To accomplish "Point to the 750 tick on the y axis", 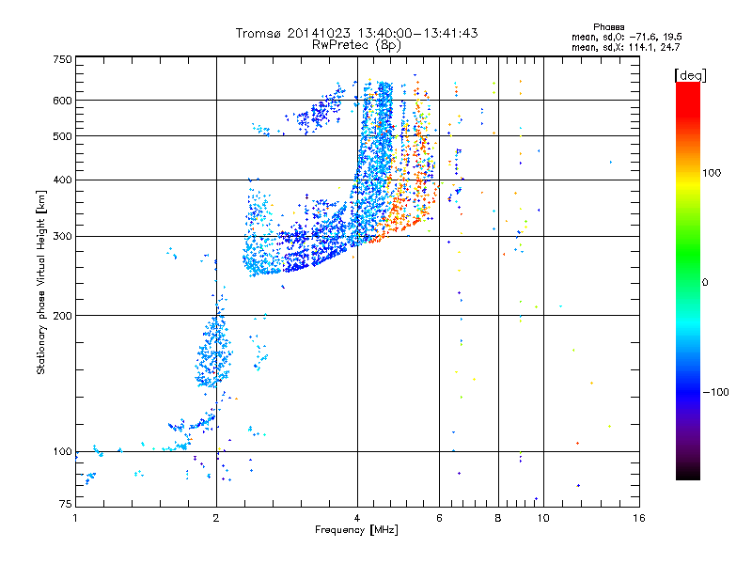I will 62,60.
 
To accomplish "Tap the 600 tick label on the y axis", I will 62,101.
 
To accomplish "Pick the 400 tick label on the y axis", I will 62,180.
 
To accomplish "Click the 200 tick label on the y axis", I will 62,316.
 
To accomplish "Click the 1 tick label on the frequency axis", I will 76,518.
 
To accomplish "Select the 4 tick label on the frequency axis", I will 357,518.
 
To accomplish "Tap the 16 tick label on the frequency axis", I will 638,518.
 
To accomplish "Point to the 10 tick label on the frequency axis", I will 542,518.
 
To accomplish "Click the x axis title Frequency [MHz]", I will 356,530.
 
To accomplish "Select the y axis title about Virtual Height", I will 41,284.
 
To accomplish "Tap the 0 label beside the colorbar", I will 706,282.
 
